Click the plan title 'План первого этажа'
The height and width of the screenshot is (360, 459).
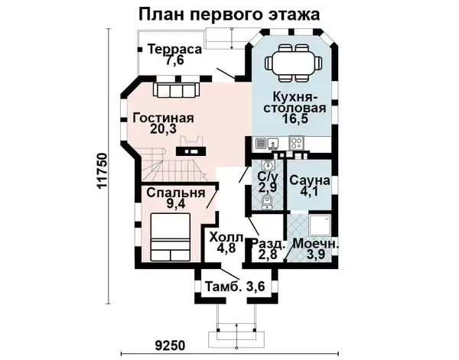229,15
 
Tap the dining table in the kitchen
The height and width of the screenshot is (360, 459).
293,62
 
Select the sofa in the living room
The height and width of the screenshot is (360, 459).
177,89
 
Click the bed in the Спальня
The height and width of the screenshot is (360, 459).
171,237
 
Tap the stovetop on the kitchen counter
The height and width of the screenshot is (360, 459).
296,143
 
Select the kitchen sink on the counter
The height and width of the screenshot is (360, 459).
272,144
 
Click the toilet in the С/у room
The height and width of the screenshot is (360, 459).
266,202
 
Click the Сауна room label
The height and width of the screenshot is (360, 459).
310,180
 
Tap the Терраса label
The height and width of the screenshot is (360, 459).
174,49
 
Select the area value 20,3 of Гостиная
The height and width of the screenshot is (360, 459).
163,128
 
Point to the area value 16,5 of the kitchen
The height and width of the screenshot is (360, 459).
295,118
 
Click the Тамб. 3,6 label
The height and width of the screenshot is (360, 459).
235,287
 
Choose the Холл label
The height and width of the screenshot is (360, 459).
226,237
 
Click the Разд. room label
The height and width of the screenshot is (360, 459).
269,244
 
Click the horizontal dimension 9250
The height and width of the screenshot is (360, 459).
170,345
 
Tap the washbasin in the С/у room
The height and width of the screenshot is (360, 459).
268,166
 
